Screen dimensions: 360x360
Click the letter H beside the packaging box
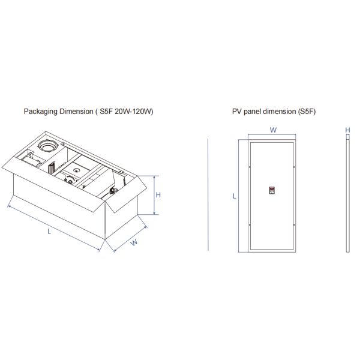[158, 195]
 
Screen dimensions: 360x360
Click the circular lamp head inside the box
[47, 146]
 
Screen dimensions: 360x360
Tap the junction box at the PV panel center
[272, 191]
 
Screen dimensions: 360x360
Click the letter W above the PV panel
[272, 130]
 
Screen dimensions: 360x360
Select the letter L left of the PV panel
[235, 196]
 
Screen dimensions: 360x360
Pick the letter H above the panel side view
[347, 130]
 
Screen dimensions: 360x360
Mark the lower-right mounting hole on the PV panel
[294, 224]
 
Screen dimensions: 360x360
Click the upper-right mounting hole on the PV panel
[294, 166]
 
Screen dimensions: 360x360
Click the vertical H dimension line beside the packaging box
[155, 195]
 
